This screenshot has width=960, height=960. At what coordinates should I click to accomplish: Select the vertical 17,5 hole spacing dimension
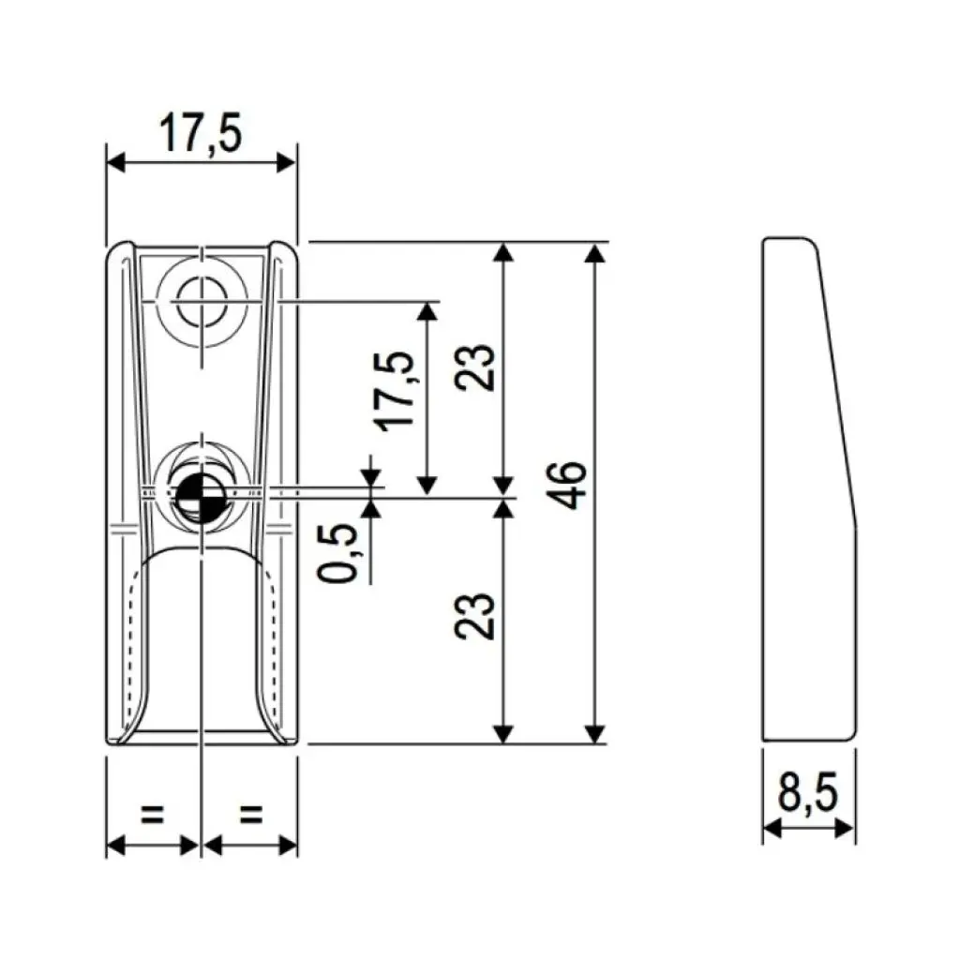(397, 389)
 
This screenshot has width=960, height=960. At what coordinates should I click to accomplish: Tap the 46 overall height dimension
(572, 485)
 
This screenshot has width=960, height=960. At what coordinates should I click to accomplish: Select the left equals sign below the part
(152, 814)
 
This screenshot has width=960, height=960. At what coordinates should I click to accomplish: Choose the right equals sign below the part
(250, 814)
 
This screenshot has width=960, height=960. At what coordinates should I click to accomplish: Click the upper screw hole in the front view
(202, 303)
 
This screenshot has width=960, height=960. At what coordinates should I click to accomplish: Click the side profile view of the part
(808, 487)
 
